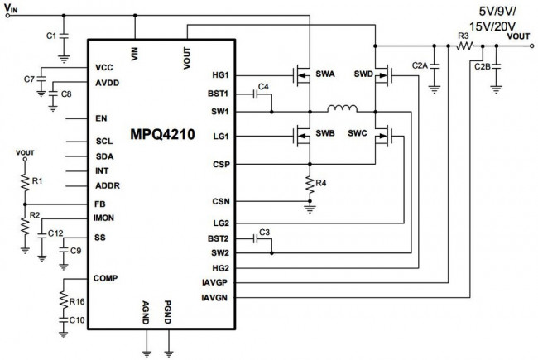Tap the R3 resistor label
464,36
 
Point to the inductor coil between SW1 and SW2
341,108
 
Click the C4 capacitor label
264,86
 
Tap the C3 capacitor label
265,231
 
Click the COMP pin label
105,277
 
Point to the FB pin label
100,203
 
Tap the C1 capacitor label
51,36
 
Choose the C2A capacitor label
420,64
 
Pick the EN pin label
101,118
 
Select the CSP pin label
221,164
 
